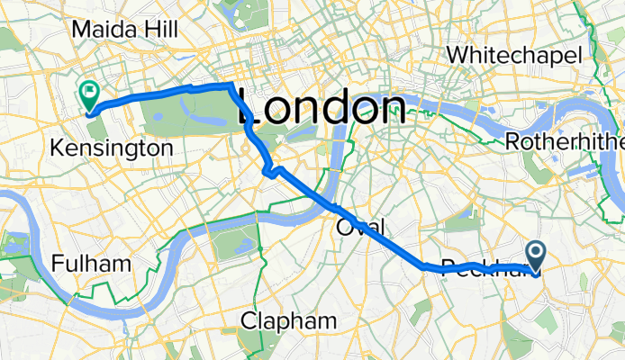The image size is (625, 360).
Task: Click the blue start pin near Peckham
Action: point(535,256)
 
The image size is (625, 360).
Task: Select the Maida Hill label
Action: point(123,30)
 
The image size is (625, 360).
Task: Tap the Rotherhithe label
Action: point(565,141)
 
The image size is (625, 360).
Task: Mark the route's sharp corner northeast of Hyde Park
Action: point(232,85)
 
